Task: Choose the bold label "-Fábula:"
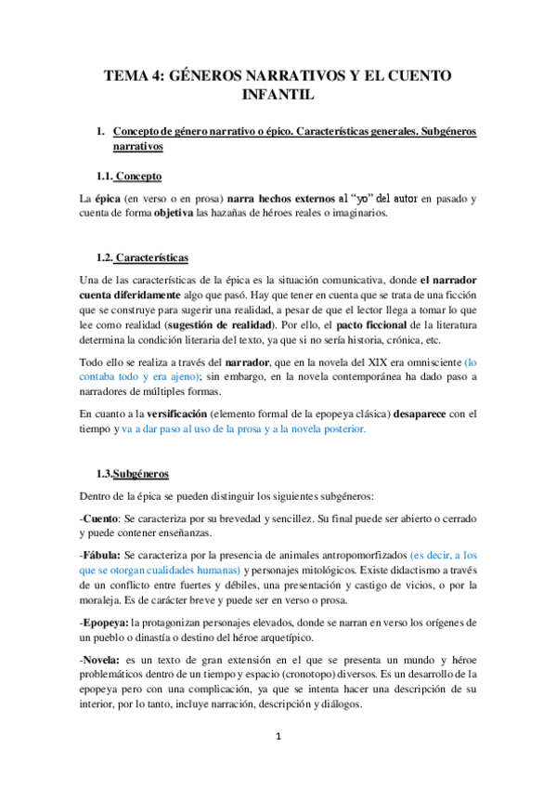[104, 554]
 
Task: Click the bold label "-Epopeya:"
[108, 622]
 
